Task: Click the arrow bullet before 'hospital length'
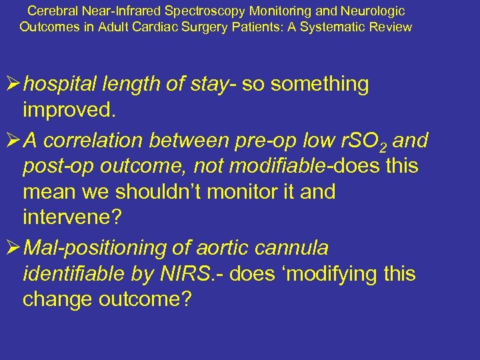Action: [x=12, y=85]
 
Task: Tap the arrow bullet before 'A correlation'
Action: [x=12, y=141]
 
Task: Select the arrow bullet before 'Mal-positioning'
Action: [x=12, y=248]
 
